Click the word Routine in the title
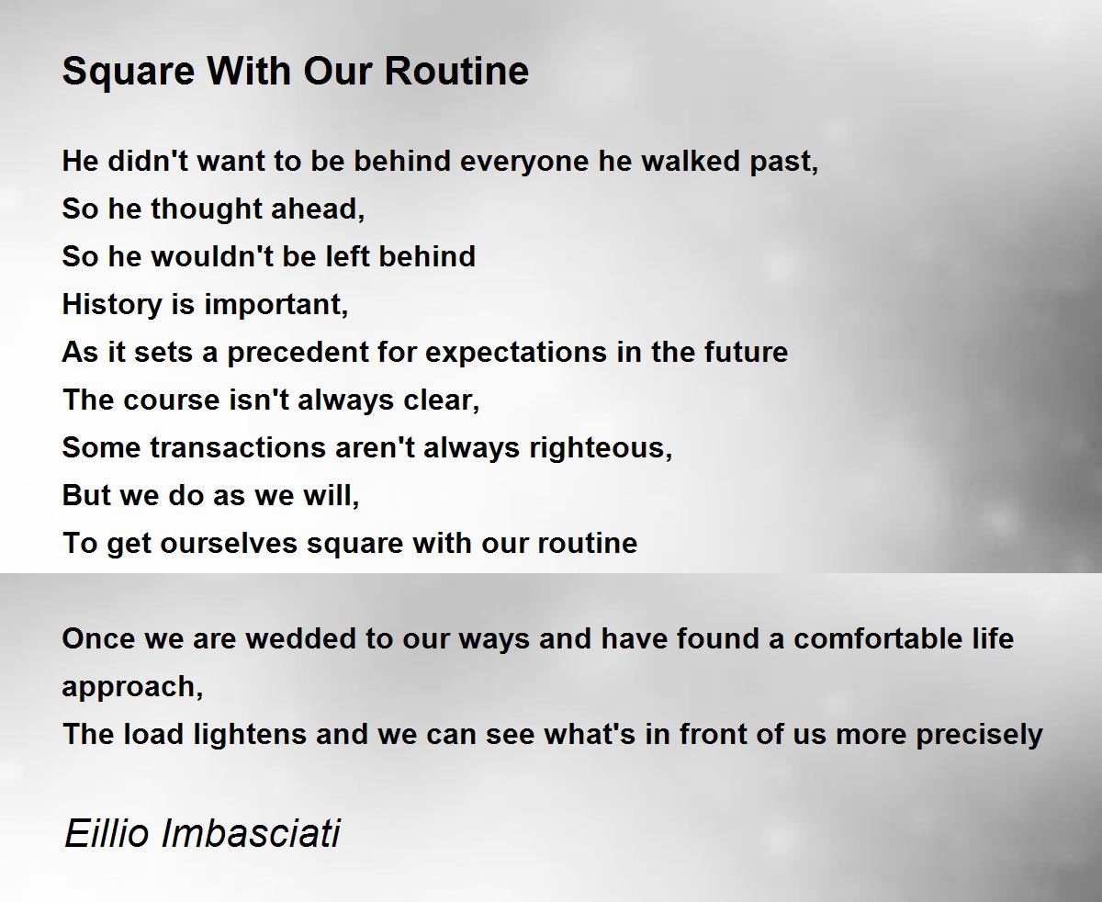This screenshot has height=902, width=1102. point(456,71)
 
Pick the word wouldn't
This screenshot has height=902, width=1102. point(212,256)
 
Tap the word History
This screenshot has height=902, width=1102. point(112,305)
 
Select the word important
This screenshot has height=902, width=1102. point(275,305)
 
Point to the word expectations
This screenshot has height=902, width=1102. point(516,353)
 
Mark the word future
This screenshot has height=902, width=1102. point(746,352)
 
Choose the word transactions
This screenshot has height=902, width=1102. point(238,448)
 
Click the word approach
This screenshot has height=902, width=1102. point(132,688)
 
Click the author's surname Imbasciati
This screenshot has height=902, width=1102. point(251,832)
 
